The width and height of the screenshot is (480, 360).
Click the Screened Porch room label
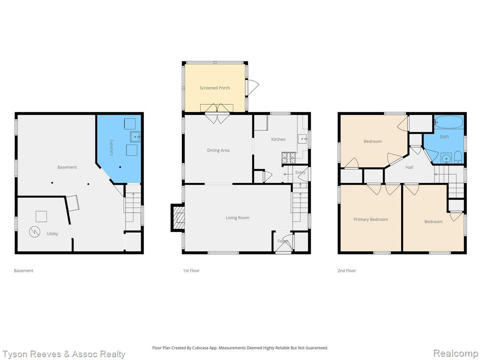pyautogui.click(x=215, y=88)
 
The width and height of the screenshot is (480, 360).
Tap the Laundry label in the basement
pyautogui.click(x=112, y=147)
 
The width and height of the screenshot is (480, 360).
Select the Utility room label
pyautogui.click(x=52, y=233)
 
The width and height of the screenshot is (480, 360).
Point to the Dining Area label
pyautogui.click(x=218, y=150)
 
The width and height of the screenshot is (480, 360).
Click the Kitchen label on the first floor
pyautogui.click(x=278, y=139)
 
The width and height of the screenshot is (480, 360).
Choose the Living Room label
pyautogui.click(x=238, y=217)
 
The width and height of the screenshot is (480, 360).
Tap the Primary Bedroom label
pyautogui.click(x=371, y=219)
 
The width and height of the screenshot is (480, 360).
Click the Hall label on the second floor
pyautogui.click(x=409, y=167)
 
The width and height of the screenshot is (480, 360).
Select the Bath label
pyautogui.click(x=444, y=137)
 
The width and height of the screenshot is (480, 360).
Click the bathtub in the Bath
pyautogui.click(x=449, y=122)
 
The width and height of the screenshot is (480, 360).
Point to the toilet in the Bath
pyautogui.click(x=457, y=157)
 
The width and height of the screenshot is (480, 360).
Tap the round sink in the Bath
pyautogui.click(x=446, y=159)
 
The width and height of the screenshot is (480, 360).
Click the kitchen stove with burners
pyautogui.click(x=289, y=157)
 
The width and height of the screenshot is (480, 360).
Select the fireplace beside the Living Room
pyautogui.click(x=178, y=217)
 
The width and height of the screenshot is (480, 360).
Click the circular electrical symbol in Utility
pyautogui.click(x=35, y=232)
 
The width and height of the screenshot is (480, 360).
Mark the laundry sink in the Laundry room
pyautogui.click(x=135, y=136)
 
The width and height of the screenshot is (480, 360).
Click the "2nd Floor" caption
pyautogui.click(x=346, y=270)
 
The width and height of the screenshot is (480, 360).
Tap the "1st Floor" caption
pyautogui.click(x=191, y=270)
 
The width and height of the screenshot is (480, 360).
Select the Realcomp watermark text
pyautogui.click(x=455, y=353)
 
